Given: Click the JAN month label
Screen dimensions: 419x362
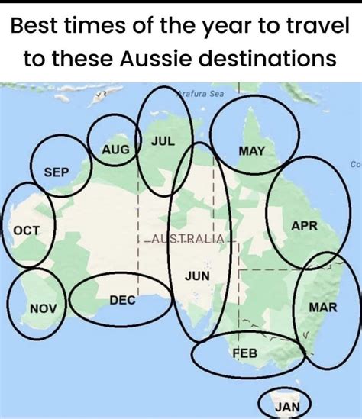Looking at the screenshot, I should pos(287,407).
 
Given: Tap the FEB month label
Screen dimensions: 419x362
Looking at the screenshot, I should pos(245,353).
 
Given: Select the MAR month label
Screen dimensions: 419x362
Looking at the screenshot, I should pos(322,306).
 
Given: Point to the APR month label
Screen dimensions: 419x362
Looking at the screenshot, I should pos(305,226).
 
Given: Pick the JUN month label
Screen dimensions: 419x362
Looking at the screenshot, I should pos(197,275).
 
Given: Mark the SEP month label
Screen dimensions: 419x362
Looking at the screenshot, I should pos(57,173).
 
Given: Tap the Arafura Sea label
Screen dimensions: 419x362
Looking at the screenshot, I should pos(200,94).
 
